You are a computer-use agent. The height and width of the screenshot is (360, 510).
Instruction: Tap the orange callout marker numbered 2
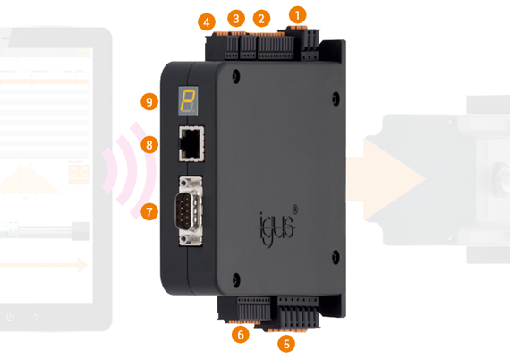pos(261,18)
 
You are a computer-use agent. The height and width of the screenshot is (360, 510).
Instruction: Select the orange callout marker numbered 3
pos(236,18)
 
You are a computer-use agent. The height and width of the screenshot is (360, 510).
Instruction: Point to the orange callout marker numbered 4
pos(208,21)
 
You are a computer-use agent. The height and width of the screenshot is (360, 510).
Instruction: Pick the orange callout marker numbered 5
pos(286,343)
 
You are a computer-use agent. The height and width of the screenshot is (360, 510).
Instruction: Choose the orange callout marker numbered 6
pos(239,335)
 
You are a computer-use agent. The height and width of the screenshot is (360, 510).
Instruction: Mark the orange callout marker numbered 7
pos(149,211)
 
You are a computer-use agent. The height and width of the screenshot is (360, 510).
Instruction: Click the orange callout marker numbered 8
pos(149,144)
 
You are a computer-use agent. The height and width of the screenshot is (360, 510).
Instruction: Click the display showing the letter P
pos(187,100)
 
